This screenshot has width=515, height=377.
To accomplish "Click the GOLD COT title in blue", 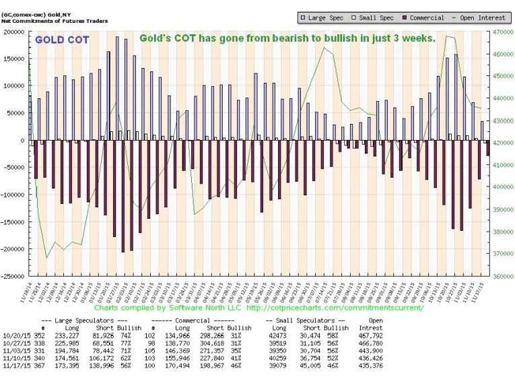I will [60, 40].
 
